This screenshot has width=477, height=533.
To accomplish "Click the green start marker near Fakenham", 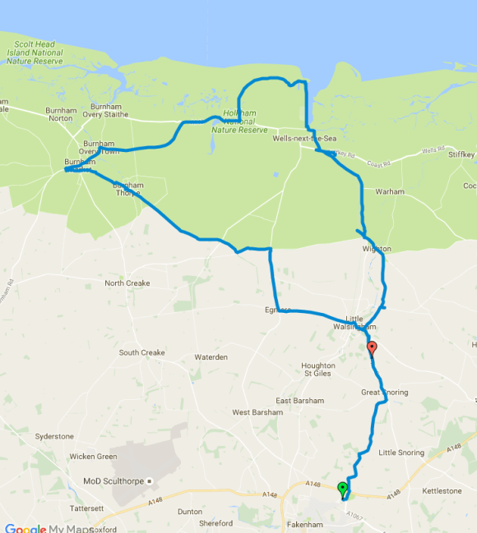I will coord(343,490).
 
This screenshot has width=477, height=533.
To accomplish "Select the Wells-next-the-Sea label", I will coord(304,139).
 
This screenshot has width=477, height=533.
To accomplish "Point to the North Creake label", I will coord(127,283).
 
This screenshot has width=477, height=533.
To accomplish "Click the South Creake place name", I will coord(141,353).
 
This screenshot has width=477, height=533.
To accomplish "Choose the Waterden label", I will coord(211,357).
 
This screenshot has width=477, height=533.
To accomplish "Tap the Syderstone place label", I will coord(54,437).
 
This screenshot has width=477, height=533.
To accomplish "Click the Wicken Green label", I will coord(93,457).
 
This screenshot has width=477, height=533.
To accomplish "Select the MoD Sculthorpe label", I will coord(113,481).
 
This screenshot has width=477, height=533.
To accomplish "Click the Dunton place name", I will coord(189,511).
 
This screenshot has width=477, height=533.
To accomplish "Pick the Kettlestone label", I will coord(442,490).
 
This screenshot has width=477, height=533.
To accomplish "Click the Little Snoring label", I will coord(401,453).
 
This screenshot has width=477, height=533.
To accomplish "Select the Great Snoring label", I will coord(384,393).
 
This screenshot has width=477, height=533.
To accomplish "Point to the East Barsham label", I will coord(295,401).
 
